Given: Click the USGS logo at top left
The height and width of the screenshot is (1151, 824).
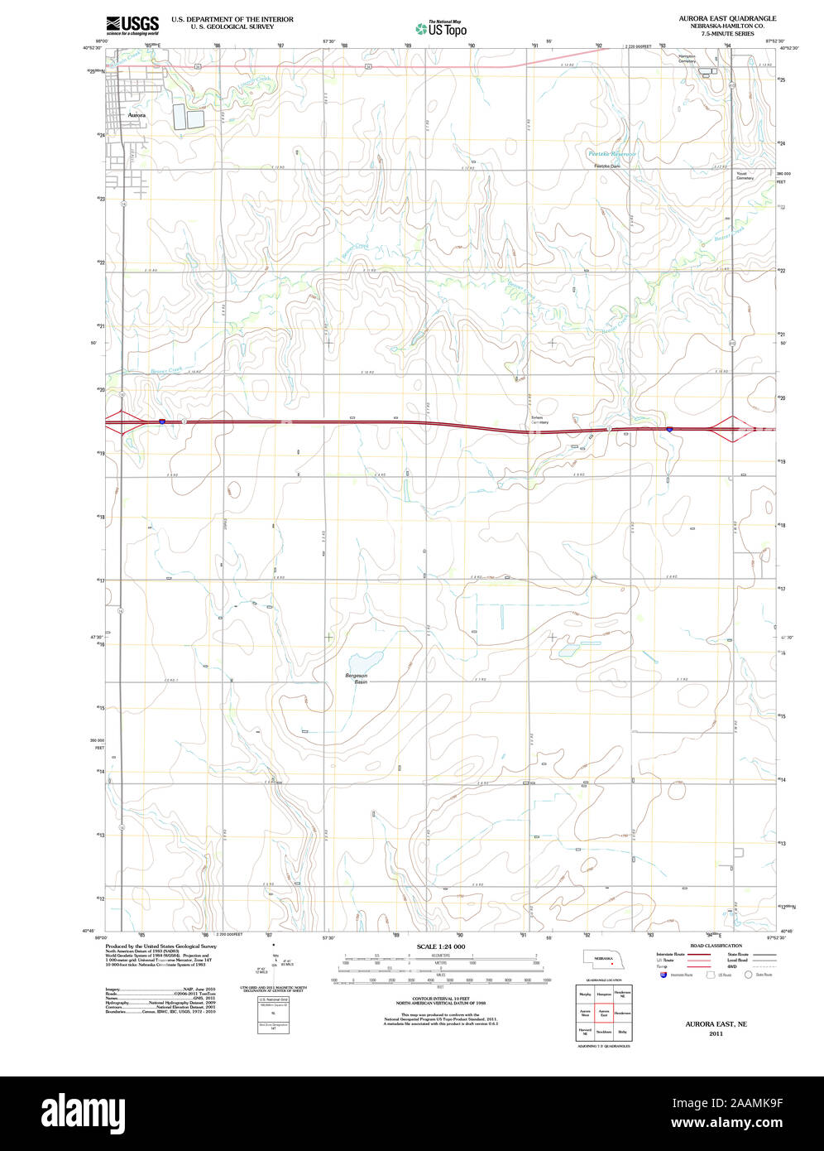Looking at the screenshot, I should point(132,25).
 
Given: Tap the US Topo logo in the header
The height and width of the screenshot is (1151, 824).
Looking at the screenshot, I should point(442,28).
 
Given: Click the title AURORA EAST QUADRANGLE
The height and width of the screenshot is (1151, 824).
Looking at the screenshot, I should point(727,18).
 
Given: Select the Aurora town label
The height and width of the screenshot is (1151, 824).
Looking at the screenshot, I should point(137,115).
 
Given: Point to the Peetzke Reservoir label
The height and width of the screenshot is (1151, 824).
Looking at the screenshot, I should point(611,154).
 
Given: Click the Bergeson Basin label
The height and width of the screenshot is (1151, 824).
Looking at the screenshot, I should point(356,678).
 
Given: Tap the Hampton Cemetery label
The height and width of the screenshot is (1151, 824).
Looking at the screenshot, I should point(687,59).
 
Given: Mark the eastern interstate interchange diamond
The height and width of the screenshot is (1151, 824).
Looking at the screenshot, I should point(732,428).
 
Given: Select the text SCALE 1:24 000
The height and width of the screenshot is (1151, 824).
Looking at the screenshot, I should point(441,946).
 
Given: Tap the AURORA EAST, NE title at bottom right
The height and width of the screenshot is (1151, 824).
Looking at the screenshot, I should point(716,1024).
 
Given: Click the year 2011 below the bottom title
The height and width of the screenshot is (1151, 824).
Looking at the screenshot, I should point(716,1033).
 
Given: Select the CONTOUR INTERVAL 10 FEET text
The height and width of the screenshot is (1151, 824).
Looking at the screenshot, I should point(441,999).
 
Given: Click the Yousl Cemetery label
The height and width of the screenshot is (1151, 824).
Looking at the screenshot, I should point(745,176).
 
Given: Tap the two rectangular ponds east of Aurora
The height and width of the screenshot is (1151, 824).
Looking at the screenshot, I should point(188,117).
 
